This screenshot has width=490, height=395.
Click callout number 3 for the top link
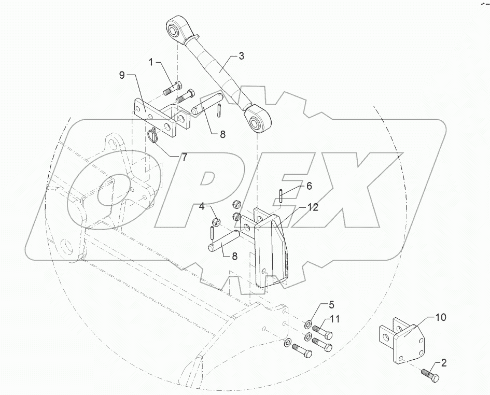[241, 57]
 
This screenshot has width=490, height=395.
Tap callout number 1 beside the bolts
[151, 63]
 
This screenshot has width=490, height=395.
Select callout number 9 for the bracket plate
[122, 75]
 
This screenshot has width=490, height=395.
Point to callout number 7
[184, 157]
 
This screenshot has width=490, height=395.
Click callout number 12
[313, 207]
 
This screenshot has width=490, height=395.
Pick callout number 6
[309, 186]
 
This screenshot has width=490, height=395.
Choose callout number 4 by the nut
[203, 206]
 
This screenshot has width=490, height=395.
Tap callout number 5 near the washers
[331, 304]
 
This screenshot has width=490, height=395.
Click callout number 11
[334, 319]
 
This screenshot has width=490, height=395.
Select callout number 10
[441, 317]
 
